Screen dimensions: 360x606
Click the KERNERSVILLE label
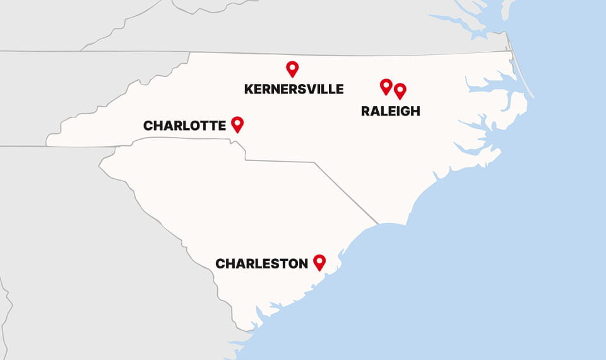point(294,89)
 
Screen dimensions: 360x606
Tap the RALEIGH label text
point(390,111)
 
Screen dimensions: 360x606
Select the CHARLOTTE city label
point(184,126)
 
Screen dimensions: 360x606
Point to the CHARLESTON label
point(261,263)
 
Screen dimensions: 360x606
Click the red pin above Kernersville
point(292,68)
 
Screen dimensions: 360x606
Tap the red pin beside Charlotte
point(237,124)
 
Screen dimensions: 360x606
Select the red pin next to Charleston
point(319,261)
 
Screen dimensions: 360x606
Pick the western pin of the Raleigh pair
point(386,86)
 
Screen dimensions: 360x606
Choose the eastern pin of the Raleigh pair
point(400,91)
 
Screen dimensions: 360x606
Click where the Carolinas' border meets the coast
point(379,224)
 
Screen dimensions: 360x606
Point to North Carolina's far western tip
point(48,141)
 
